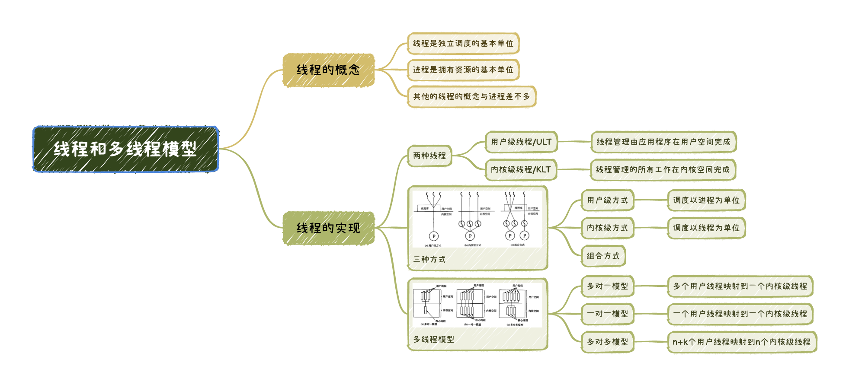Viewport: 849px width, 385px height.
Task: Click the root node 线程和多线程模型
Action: [x=125, y=149]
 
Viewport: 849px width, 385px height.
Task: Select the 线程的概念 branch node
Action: [x=328, y=70]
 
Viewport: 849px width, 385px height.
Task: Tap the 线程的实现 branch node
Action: [x=328, y=228]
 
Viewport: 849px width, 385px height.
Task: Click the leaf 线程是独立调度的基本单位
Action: [x=463, y=44]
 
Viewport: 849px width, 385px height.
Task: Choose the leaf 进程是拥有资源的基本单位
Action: [x=463, y=70]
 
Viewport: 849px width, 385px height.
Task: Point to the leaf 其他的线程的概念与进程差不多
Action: [x=471, y=96]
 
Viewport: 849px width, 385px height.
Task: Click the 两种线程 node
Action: [x=429, y=156]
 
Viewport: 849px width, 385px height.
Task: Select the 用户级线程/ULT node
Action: [x=521, y=142]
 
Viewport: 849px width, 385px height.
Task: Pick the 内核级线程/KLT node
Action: [x=521, y=170]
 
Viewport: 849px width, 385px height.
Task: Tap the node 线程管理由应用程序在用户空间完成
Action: [x=663, y=142]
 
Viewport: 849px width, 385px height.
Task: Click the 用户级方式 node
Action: [x=607, y=200]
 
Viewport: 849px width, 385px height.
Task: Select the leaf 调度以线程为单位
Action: [x=706, y=228]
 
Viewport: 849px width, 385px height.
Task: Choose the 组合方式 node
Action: [x=603, y=256]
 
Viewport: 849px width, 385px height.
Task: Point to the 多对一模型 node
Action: [x=607, y=286]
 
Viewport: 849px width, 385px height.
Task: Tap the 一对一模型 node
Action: [x=607, y=314]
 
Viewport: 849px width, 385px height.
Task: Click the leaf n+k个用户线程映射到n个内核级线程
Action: [x=742, y=342]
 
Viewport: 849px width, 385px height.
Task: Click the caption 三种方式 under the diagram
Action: [x=429, y=260]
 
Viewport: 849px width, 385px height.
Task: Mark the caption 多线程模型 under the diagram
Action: [x=433, y=340]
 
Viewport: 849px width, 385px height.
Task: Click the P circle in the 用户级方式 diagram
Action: [x=434, y=236]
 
